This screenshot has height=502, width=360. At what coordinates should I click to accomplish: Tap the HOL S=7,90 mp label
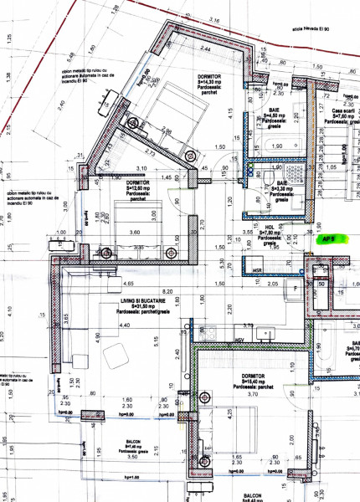[x=270, y=233]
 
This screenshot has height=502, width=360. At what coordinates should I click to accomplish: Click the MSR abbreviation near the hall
[x=258, y=270]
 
